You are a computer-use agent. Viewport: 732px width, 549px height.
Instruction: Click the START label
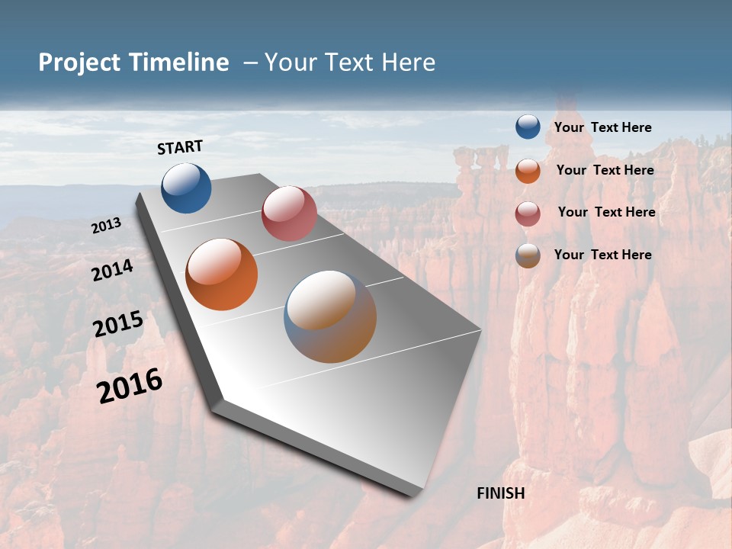pyautogui.click(x=180, y=147)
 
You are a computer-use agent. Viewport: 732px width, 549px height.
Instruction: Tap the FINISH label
pyautogui.click(x=501, y=493)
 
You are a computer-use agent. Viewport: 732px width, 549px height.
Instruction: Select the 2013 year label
pyautogui.click(x=107, y=226)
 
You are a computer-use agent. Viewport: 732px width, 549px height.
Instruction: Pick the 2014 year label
pyautogui.click(x=113, y=270)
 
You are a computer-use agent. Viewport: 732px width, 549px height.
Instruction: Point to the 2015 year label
pyautogui.click(x=118, y=324)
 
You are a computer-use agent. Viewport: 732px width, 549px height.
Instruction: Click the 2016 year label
pyautogui.click(x=130, y=386)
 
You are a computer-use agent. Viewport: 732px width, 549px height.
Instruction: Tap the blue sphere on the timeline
pyautogui.click(x=186, y=188)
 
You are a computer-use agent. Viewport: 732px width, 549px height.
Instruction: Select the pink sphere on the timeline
pyautogui.click(x=289, y=213)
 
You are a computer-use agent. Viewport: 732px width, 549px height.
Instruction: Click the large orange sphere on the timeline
pyautogui.click(x=221, y=274)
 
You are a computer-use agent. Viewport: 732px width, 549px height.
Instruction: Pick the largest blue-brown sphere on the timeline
pyautogui.click(x=330, y=316)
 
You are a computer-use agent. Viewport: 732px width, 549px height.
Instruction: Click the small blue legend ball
pyautogui.click(x=528, y=127)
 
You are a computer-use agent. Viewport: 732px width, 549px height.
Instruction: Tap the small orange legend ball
pyautogui.click(x=528, y=171)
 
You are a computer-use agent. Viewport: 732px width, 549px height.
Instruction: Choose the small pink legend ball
pyautogui.click(x=528, y=213)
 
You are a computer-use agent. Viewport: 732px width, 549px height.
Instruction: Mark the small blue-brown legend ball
pyautogui.click(x=528, y=255)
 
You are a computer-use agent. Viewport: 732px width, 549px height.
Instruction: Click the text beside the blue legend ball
pyautogui.click(x=602, y=127)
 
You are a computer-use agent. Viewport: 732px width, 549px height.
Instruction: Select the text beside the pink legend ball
pyautogui.click(x=606, y=212)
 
